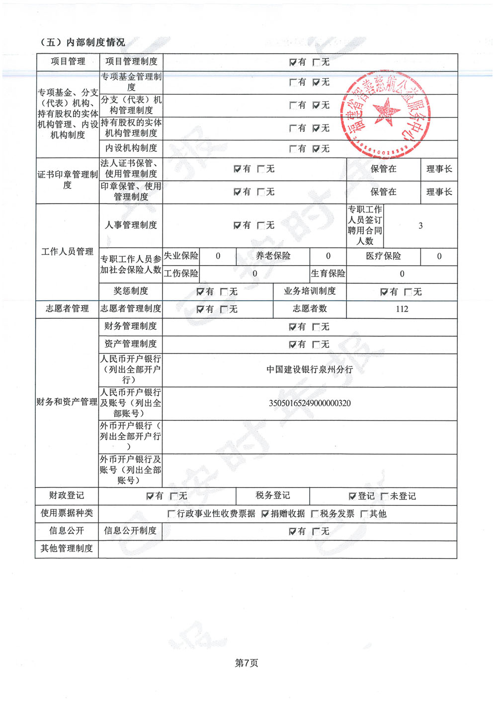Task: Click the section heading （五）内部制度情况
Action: coord(82,42)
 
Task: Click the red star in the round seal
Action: coord(386,110)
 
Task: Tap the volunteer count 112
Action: coord(402,309)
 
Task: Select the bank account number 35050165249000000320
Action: coord(310,403)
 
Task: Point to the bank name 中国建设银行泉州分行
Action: coord(310,369)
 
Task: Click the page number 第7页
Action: coord(247,663)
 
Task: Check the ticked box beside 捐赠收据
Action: coord(265,514)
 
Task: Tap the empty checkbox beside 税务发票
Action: coord(315,514)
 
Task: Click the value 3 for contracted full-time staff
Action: coord(420,226)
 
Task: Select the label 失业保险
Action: coord(181,256)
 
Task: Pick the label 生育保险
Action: coord(328,274)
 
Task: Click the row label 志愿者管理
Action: coord(67,309)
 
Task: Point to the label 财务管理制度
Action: coord(131,326)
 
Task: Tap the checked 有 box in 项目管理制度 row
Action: coord(293,62)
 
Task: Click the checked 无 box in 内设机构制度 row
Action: coord(316,149)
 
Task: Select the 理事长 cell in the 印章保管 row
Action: coord(439,192)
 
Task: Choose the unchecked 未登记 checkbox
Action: coord(385,496)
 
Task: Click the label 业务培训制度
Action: coord(310,291)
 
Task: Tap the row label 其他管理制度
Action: coord(67,549)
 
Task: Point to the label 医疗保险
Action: coord(383,256)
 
